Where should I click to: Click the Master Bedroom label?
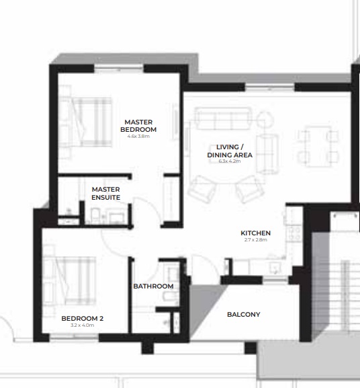[138, 126]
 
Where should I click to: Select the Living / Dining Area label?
[230, 151]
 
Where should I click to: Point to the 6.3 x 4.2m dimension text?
[230, 162]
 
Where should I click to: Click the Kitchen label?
[255, 233]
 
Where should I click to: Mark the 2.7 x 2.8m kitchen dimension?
[255, 240]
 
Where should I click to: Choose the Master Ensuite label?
[106, 194]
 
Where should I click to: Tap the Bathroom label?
[153, 286]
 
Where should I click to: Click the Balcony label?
[243, 315]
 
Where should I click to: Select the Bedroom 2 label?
[82, 318]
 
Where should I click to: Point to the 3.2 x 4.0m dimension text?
[82, 325]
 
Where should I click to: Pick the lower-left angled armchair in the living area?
[203, 188]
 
